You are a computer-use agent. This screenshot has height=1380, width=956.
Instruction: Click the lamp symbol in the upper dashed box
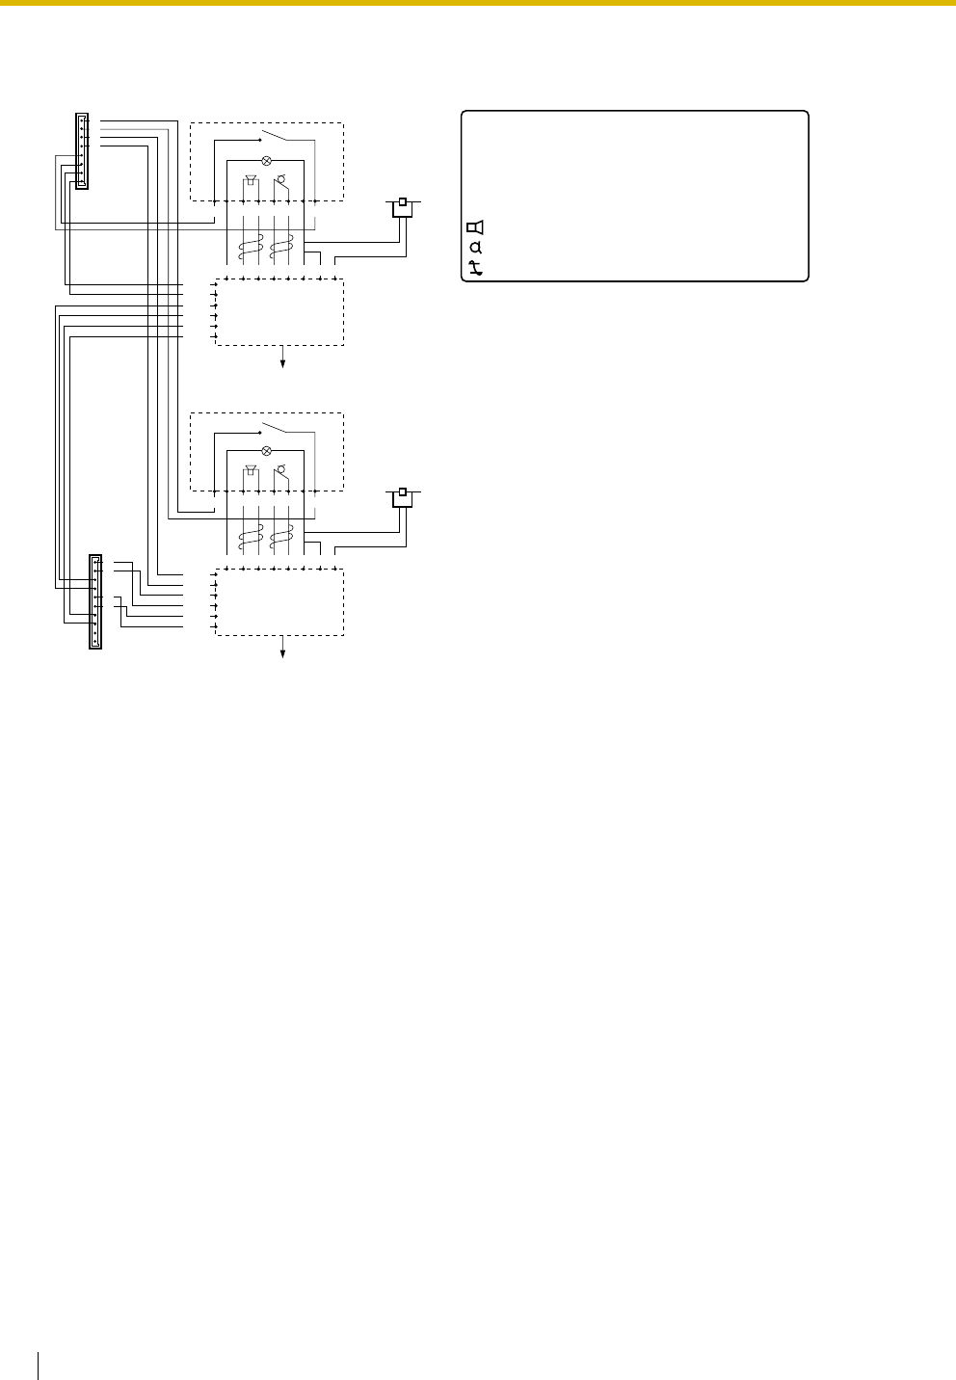(x=266, y=162)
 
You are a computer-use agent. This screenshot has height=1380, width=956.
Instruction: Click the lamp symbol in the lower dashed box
(x=266, y=451)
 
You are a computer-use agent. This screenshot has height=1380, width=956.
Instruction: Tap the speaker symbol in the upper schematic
(x=251, y=181)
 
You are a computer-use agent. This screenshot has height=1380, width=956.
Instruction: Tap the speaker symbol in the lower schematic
(x=251, y=470)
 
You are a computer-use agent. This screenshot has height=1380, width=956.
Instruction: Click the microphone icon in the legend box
(x=475, y=248)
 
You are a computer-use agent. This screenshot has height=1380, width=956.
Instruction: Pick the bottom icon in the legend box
(x=475, y=269)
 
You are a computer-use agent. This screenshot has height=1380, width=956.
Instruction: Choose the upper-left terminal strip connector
(x=82, y=151)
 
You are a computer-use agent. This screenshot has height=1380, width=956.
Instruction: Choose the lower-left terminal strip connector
(x=94, y=601)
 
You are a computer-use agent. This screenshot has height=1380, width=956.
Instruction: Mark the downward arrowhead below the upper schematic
(x=283, y=363)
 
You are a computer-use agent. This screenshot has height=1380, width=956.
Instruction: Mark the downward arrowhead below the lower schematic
(x=283, y=653)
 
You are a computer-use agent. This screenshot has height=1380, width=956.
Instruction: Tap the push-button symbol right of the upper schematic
(x=403, y=206)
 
